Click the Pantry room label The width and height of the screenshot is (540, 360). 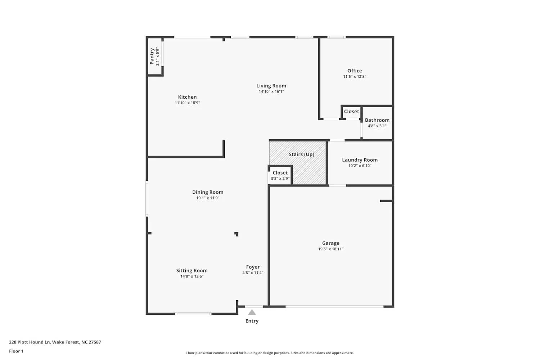click(152, 57)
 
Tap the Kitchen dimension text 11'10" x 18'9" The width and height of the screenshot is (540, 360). click(187, 103)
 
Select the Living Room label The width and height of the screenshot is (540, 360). click(271, 86)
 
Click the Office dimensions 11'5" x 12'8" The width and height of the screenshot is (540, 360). click(354, 77)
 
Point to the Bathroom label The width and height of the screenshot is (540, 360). click(377, 120)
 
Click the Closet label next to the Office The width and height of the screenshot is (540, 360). click(351, 112)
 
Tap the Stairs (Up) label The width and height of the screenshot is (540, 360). click(301, 154)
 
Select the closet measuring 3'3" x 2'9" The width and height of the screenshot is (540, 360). click(280, 176)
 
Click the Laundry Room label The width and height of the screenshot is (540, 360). click(360, 160)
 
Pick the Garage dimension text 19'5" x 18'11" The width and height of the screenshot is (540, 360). click(330, 249)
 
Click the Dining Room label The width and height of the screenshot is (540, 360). click(208, 192)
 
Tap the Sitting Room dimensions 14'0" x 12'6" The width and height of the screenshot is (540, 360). click(192, 276)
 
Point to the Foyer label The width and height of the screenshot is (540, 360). click(253, 267)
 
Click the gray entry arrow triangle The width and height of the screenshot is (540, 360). click(252, 312)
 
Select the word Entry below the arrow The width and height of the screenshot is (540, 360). click(252, 321)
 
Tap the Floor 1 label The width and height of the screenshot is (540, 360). click(16, 351)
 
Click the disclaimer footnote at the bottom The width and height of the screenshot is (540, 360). click(270, 353)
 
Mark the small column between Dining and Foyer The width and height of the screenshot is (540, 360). click(237, 234)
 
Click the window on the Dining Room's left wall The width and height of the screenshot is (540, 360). click(147, 199)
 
